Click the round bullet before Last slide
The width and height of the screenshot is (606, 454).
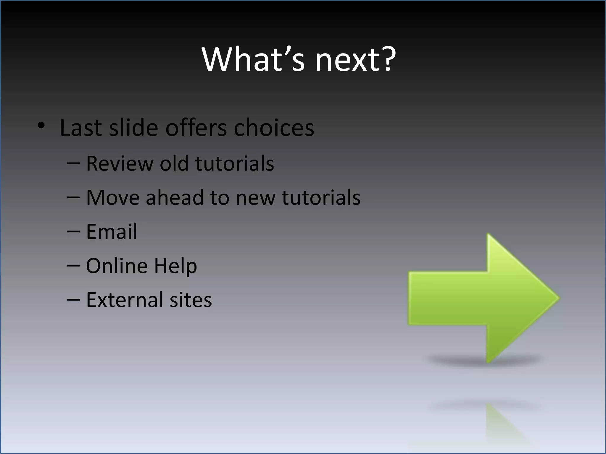point(41,126)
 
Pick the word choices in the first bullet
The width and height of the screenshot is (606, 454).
point(274,128)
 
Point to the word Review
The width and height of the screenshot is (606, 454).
point(119,163)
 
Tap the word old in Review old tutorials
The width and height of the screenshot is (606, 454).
point(174,163)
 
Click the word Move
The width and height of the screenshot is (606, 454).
point(112,197)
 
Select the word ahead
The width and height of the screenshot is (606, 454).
point(175,197)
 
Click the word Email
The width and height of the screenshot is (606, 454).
point(112,231)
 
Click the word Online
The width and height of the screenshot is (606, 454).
point(117,265)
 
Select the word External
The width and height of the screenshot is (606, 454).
point(124,300)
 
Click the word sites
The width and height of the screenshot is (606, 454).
point(191,300)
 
